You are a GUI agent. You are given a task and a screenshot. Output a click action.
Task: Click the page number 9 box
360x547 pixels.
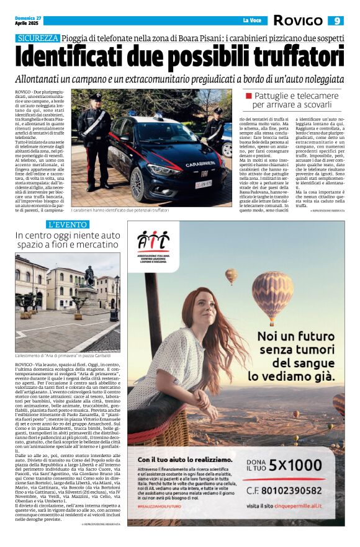(336, 20)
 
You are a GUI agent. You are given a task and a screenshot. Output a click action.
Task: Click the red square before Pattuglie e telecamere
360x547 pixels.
(249, 97)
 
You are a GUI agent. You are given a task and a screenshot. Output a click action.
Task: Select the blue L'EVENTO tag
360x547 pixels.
(68, 224)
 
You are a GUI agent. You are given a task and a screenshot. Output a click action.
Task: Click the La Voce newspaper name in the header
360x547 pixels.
(251, 20)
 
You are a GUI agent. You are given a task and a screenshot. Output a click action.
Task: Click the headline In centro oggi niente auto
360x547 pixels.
(68, 236)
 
